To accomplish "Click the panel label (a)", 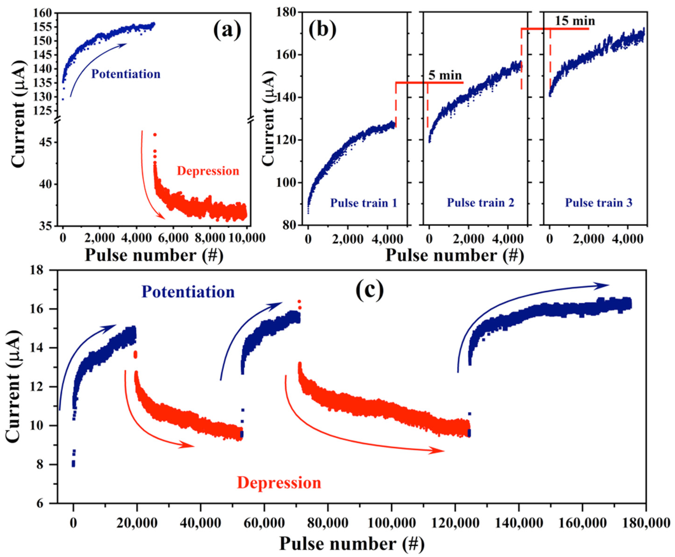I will click(227, 31).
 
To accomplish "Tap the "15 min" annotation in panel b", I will click(575, 21).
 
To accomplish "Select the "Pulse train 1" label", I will click(364, 203).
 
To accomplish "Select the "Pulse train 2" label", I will click(480, 203).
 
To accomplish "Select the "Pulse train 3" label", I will click(598, 203).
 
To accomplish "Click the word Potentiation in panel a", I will click(126, 74).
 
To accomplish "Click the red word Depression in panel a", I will click(208, 171).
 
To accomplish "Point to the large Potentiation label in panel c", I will click(188, 292).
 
